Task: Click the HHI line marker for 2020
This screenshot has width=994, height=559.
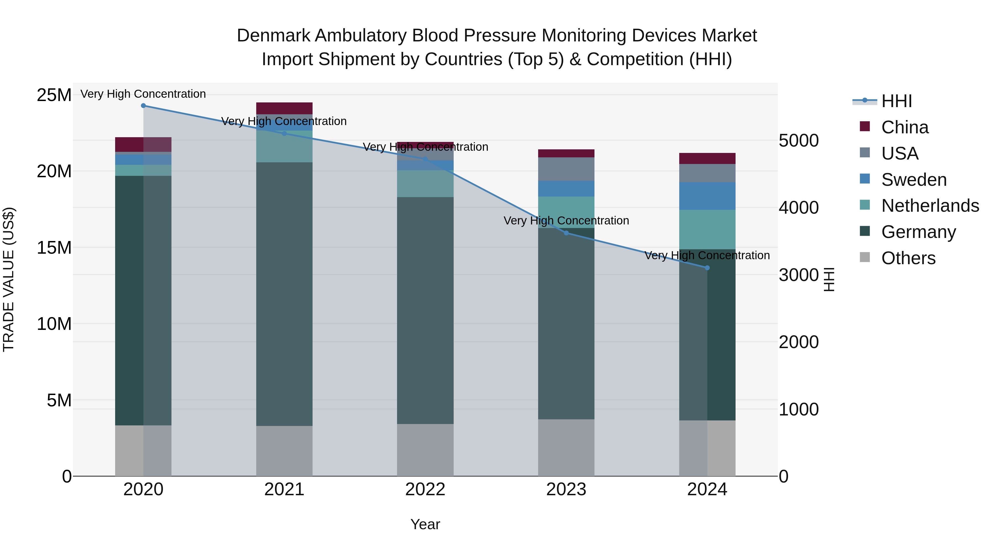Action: click(143, 106)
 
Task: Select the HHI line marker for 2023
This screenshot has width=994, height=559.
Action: click(566, 233)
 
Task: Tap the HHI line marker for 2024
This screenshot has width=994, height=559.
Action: click(707, 268)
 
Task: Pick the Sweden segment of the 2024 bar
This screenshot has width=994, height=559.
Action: click(707, 196)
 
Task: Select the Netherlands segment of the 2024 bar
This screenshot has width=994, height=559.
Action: click(707, 230)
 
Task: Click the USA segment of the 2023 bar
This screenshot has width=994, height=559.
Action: click(566, 169)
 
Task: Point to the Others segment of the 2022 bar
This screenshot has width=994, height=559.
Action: click(425, 450)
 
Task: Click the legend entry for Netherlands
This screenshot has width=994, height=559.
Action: click(930, 206)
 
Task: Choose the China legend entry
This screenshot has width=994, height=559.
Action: click(905, 127)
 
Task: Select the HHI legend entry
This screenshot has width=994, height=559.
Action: click(896, 101)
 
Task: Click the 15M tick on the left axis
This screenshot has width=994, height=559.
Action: click(54, 248)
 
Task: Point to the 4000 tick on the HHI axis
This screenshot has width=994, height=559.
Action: click(798, 208)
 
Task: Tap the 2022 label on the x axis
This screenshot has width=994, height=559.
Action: click(425, 489)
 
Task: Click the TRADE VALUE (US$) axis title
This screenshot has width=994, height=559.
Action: click(9, 279)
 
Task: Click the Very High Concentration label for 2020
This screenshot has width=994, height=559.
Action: click(143, 94)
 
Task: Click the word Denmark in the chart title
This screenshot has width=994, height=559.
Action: click(273, 36)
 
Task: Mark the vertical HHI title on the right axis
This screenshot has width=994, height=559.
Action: click(828, 279)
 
